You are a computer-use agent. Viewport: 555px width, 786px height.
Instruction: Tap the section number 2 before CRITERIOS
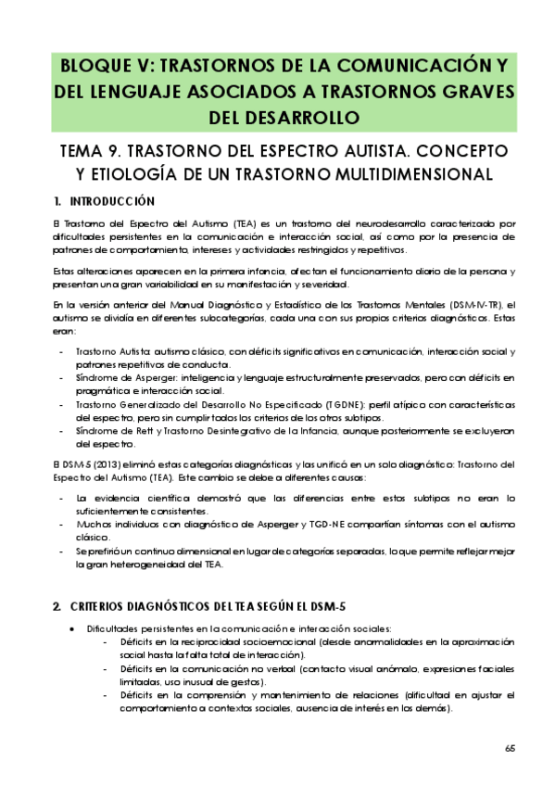pyautogui.click(x=57, y=606)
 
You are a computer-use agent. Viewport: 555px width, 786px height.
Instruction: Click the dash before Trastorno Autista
pyautogui.click(x=61, y=352)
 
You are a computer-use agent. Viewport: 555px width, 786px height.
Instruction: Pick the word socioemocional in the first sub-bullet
pyautogui.click(x=264, y=641)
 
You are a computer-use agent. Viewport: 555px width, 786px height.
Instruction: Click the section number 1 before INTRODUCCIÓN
pyautogui.click(x=57, y=201)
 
